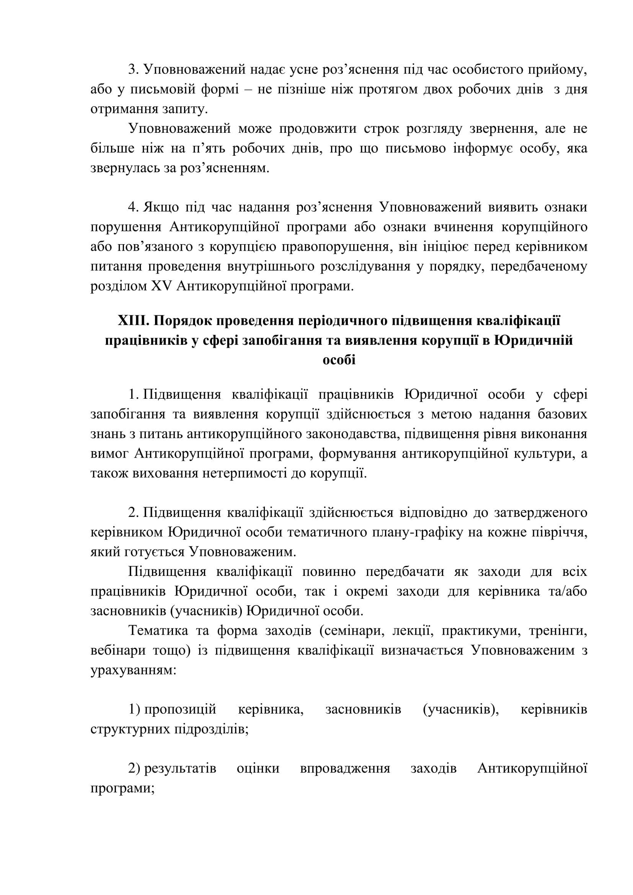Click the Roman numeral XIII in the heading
pos(131,320)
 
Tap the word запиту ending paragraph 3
pos(184,109)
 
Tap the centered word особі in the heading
pos(339,359)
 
